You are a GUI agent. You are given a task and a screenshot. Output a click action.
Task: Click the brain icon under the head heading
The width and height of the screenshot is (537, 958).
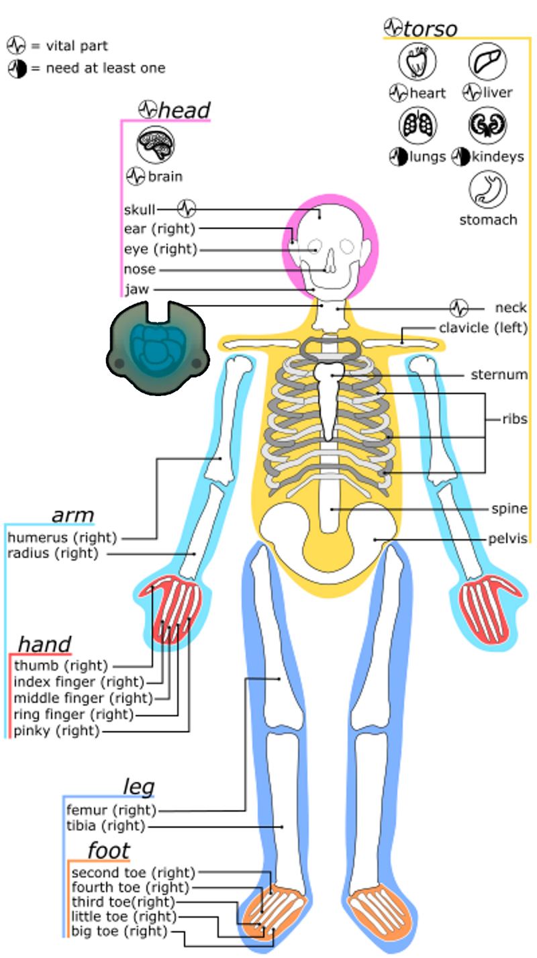pyautogui.click(x=156, y=144)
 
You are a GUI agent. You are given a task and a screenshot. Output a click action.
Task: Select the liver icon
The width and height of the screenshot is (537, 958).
pyautogui.click(x=487, y=61)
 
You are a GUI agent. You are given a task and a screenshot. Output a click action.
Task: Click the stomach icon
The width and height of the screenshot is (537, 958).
pyautogui.click(x=487, y=190)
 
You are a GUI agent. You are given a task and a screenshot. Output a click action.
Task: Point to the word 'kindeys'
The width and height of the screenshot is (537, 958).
pyautogui.click(x=498, y=157)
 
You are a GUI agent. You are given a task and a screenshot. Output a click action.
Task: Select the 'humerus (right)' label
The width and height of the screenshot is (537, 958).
pyautogui.click(x=62, y=537)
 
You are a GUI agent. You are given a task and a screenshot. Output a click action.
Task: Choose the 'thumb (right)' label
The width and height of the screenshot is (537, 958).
pyautogui.click(x=61, y=665)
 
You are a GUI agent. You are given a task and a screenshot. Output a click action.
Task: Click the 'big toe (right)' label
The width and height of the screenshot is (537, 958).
pyautogui.click(x=119, y=931)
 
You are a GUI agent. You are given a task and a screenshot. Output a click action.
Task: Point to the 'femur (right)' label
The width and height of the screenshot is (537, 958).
pyautogui.click(x=111, y=810)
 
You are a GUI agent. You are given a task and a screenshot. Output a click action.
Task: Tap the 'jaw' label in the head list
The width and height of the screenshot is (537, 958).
pyautogui.click(x=137, y=289)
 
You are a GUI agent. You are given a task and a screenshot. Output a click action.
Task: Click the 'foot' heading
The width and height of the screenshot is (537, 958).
pyautogui.click(x=108, y=851)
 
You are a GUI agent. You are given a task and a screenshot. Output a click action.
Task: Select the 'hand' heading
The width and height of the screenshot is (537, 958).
pyautogui.click(x=44, y=644)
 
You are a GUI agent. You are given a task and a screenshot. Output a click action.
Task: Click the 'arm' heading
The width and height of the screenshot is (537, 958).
pyautogui.click(x=72, y=516)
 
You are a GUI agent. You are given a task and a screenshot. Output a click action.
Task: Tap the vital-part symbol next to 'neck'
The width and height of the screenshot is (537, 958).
pyautogui.click(x=459, y=308)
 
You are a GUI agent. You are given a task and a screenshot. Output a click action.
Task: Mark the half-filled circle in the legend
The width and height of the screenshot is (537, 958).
pyautogui.click(x=17, y=68)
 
